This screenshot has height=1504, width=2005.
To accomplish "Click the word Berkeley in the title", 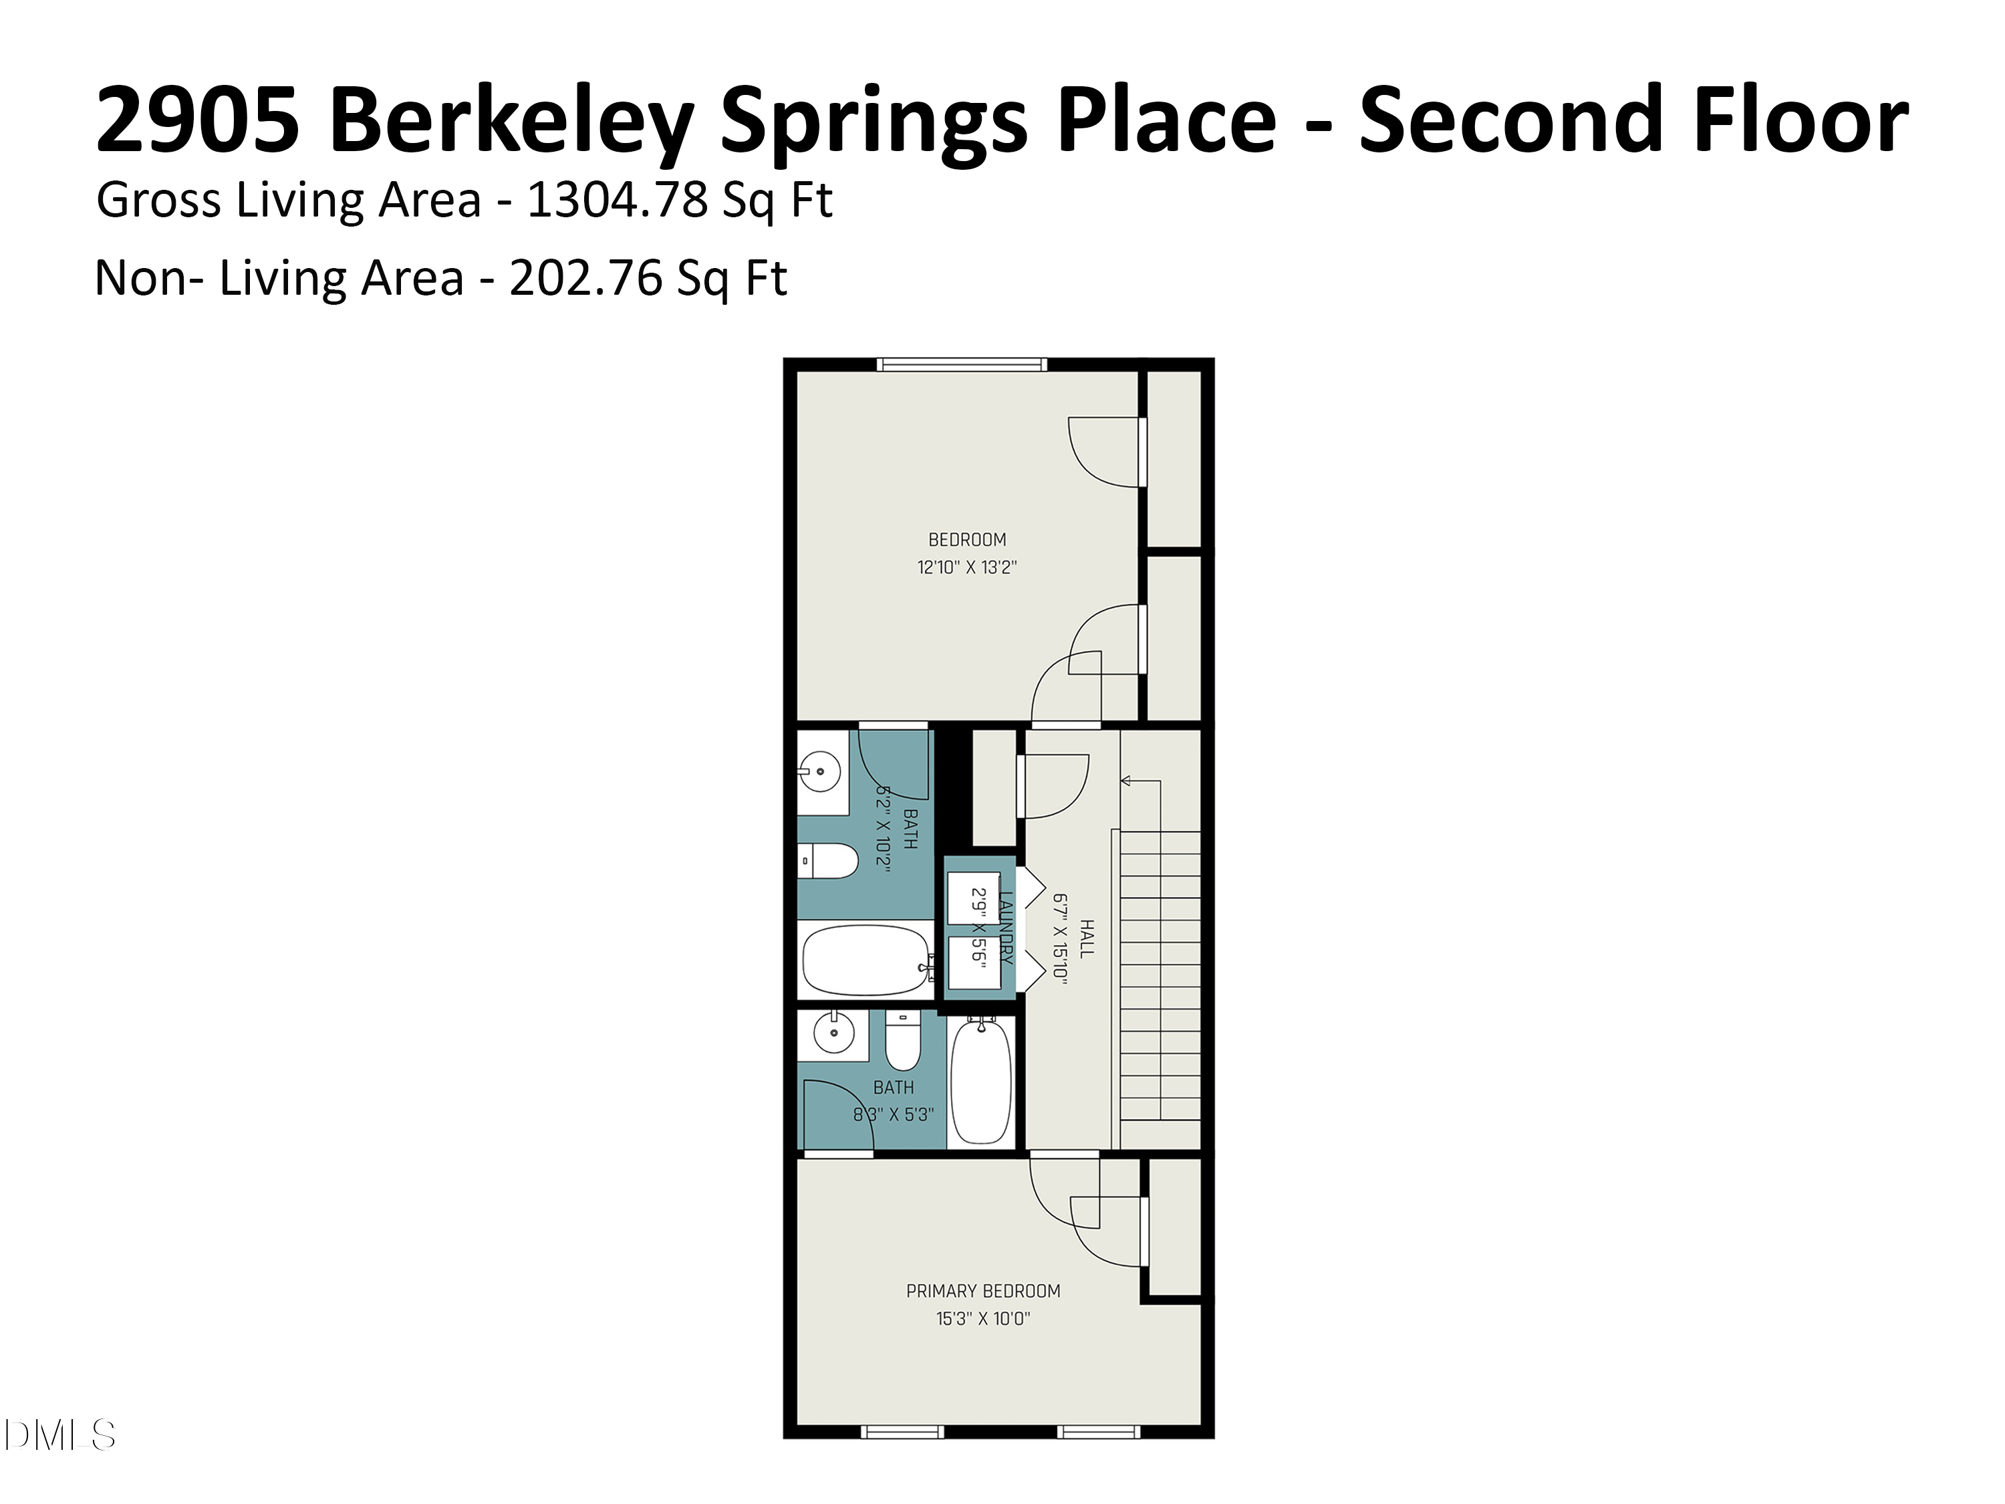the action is tap(512, 120).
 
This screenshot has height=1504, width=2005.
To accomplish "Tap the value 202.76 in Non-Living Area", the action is tap(585, 277).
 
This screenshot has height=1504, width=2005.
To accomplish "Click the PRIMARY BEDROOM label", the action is tap(984, 1291).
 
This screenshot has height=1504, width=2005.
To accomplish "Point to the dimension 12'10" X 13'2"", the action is tap(967, 568).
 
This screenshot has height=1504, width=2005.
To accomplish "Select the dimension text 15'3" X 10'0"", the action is tap(984, 1319).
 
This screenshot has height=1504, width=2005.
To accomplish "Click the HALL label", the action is tap(1087, 938).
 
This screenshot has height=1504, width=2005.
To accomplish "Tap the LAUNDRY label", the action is tap(1005, 927).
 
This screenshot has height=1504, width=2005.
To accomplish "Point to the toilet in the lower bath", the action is tap(903, 1041).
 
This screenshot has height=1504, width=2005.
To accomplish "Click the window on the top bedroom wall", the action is tap(962, 364).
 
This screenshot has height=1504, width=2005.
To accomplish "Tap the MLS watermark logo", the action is tap(60, 1435).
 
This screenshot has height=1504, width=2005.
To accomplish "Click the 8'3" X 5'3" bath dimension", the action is tap(894, 1114).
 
